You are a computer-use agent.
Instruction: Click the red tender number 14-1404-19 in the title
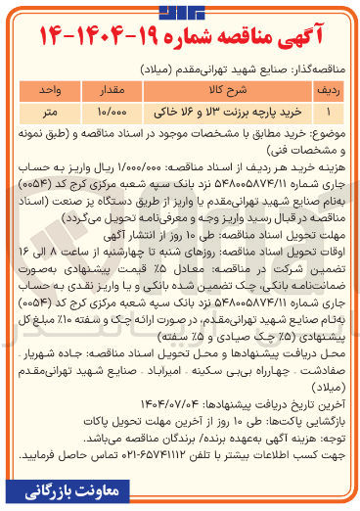pyautogui.click(x=93, y=32)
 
